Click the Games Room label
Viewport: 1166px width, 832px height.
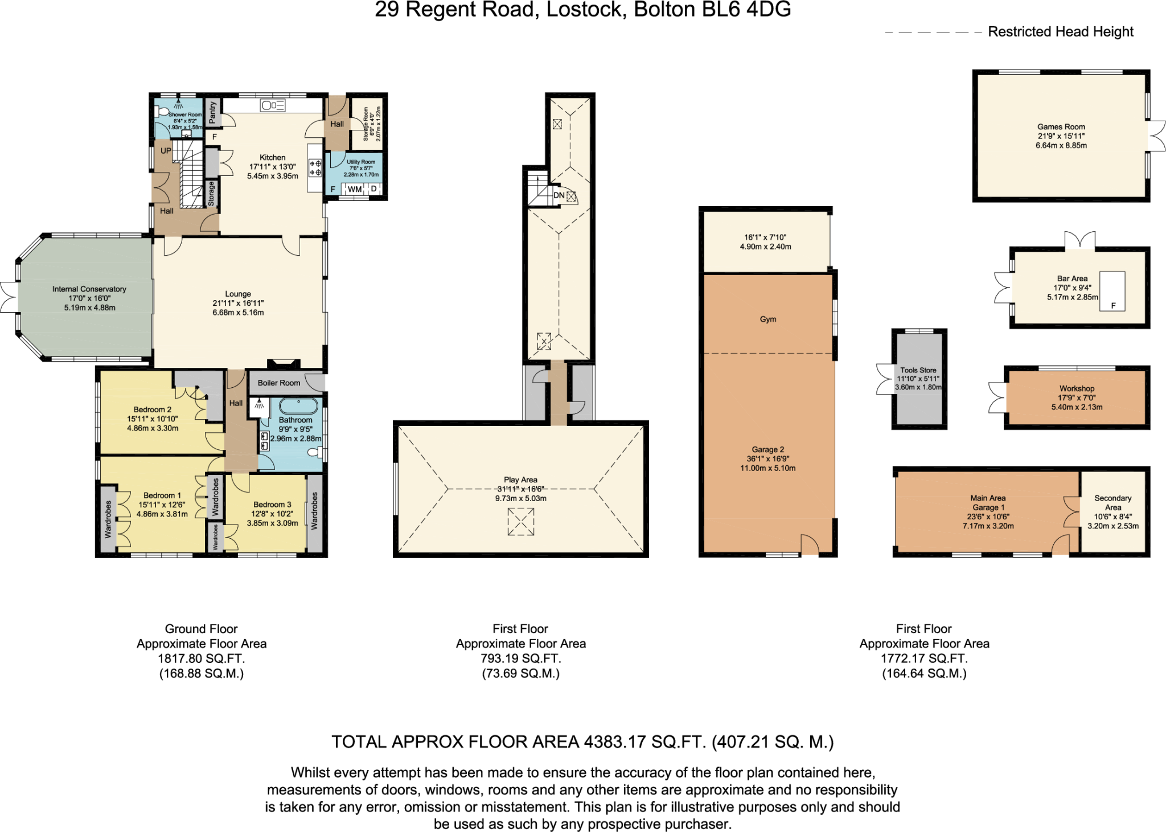(1061, 127)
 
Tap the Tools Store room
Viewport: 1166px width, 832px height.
(919, 399)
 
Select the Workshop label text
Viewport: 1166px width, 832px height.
(1077, 388)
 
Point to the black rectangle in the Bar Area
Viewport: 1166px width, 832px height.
(1112, 291)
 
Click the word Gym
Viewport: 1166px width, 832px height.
(768, 319)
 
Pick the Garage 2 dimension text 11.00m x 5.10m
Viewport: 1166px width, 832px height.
(768, 468)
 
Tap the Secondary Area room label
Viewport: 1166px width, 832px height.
(1113, 502)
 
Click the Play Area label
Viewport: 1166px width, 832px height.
(520, 479)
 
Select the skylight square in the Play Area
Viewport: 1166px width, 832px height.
(521, 522)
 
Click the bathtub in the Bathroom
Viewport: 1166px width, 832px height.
(298, 405)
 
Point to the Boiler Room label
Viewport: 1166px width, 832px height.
(278, 383)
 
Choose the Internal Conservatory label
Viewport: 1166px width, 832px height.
(89, 289)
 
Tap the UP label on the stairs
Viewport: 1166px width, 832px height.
(166, 151)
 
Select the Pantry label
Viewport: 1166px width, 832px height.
(212, 113)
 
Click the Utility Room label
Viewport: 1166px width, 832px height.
(361, 162)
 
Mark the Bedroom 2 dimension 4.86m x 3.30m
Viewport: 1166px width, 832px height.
(153, 428)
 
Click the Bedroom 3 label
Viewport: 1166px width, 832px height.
(272, 505)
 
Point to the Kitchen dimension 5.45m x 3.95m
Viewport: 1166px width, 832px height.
(273, 176)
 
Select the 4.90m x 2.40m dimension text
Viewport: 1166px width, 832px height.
(765, 247)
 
